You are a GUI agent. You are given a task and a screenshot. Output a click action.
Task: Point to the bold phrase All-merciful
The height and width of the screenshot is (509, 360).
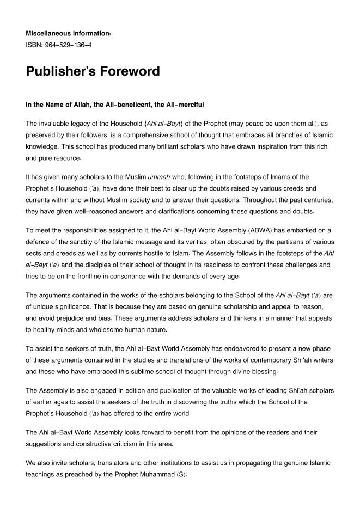pyautogui.click(x=183, y=104)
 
